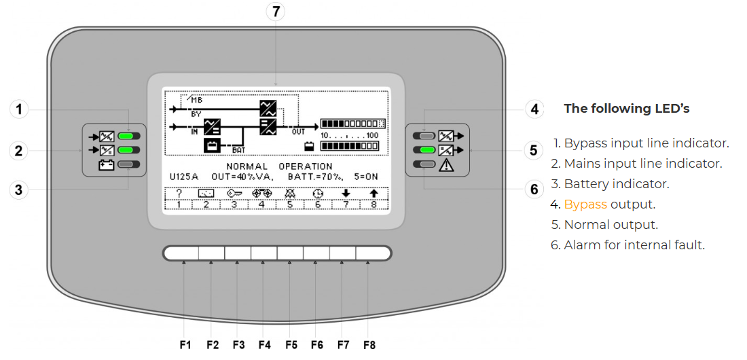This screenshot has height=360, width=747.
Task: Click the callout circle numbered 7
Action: (275, 12)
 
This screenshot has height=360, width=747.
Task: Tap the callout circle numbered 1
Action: (20, 109)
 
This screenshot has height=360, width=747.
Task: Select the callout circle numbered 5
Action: (534, 149)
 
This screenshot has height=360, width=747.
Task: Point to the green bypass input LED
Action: (128, 135)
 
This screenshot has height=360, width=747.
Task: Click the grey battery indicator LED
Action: (128, 164)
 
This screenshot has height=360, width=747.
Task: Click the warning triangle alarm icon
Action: (447, 164)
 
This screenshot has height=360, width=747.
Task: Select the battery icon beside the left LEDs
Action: (106, 164)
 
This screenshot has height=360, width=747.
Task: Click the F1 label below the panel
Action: (185, 344)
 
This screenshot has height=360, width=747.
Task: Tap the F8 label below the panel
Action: (369, 344)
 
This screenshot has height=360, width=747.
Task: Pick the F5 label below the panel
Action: (291, 344)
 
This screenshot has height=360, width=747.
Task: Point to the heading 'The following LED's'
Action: (626, 109)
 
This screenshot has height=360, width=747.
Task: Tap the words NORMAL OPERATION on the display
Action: (279, 166)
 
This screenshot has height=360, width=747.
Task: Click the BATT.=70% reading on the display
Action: (316, 177)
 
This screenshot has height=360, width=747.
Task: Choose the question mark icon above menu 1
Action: (179, 194)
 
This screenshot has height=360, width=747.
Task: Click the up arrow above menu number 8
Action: (373, 194)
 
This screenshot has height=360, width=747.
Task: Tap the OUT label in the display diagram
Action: (299, 132)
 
